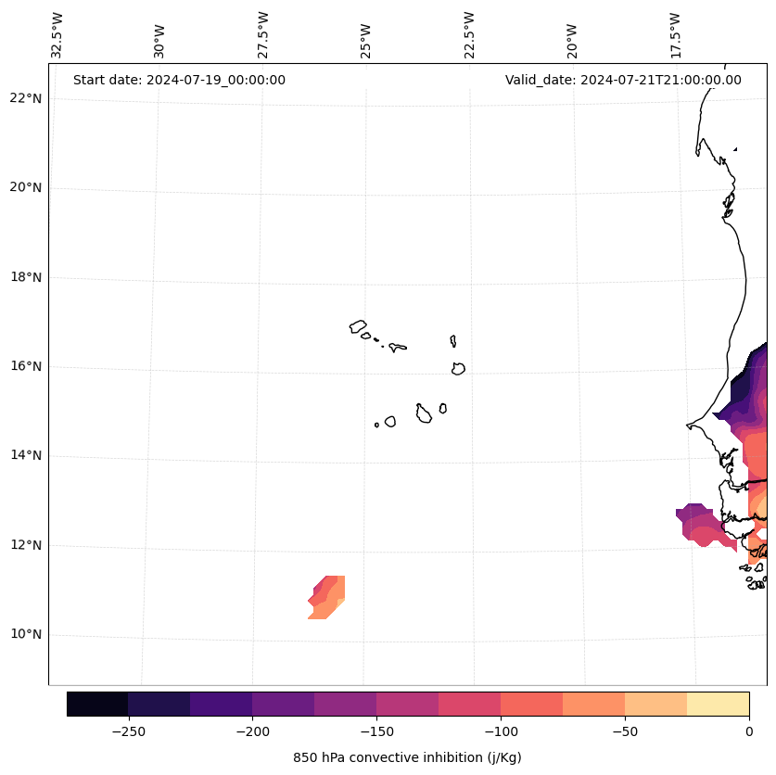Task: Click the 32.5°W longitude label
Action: click(57, 35)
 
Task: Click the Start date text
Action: click(179, 80)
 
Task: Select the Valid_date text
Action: click(623, 80)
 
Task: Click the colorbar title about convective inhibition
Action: click(407, 757)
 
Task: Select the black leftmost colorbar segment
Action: click(97, 704)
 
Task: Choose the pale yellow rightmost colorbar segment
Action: click(718, 704)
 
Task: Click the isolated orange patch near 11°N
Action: click(327, 598)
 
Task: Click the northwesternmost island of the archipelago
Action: click(358, 326)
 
